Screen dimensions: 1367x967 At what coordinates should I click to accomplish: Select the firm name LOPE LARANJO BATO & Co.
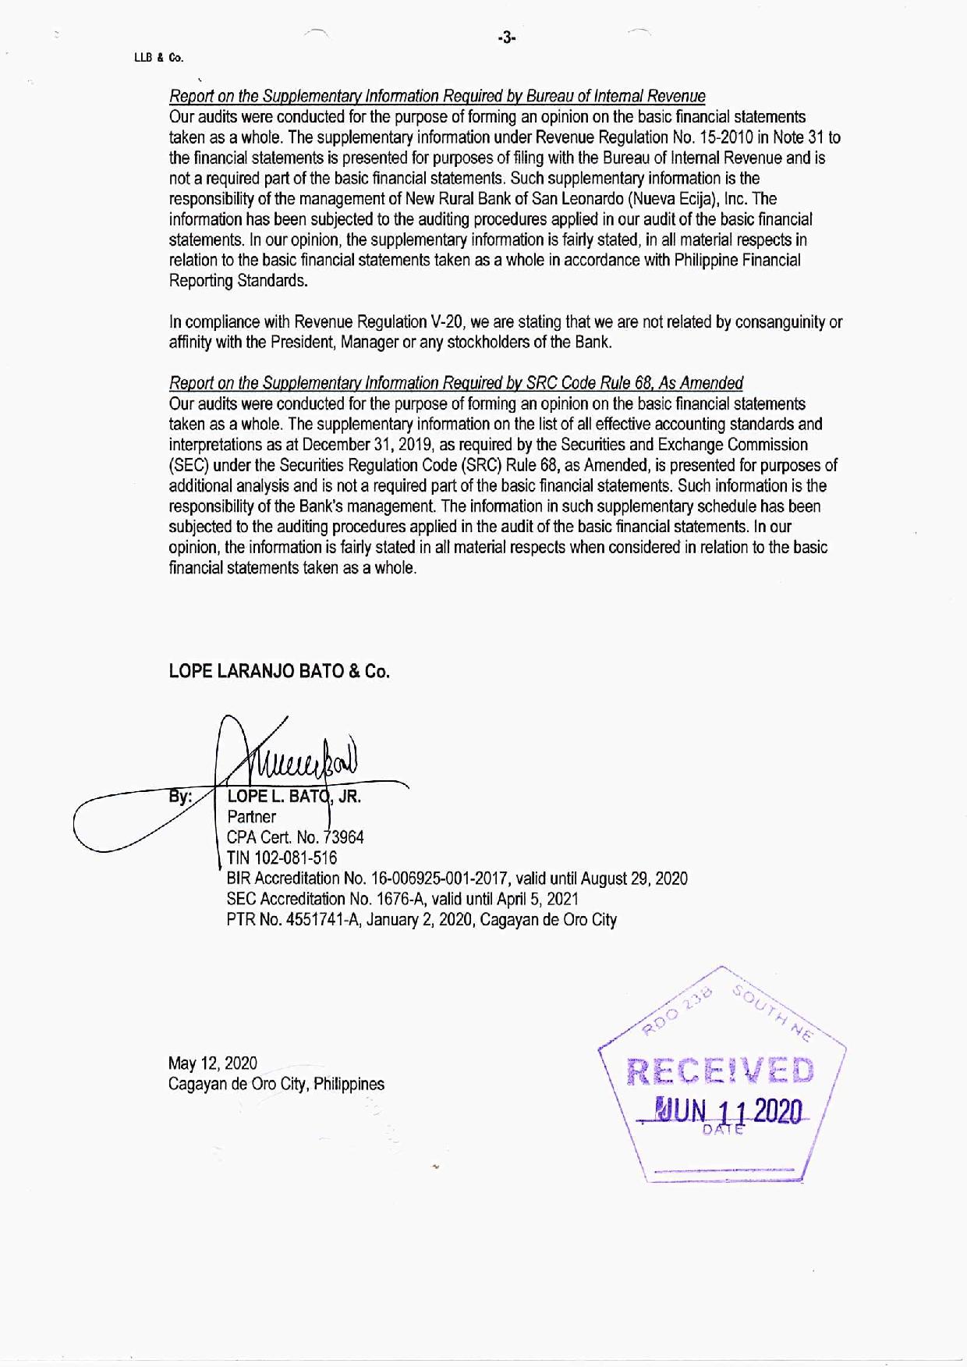tap(278, 672)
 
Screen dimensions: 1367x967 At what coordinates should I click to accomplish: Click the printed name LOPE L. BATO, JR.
tap(293, 797)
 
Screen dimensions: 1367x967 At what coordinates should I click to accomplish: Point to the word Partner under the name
tap(251, 818)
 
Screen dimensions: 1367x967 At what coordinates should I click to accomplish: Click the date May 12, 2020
tap(213, 1063)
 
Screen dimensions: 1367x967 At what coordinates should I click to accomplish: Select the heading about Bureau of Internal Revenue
tap(437, 97)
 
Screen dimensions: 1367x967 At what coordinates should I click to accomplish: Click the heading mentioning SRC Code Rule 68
tap(455, 383)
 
